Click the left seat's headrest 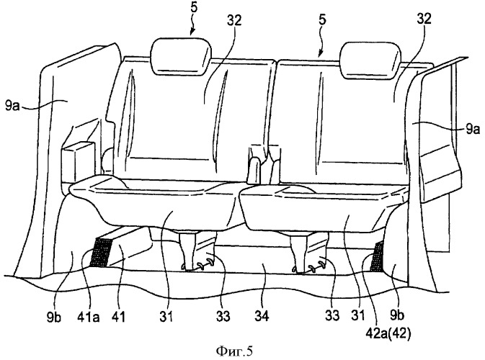[181, 57]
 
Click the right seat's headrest [370, 60]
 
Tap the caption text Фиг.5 [234, 351]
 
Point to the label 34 [262, 316]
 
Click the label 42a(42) [388, 333]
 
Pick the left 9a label [12, 107]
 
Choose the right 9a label [472, 129]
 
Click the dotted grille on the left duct [100, 253]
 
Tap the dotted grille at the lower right [377, 256]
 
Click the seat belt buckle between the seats [255, 170]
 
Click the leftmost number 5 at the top [194, 7]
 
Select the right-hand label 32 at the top [424, 19]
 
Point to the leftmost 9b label [54, 317]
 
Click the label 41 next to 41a [119, 317]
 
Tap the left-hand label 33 [223, 316]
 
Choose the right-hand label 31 [358, 315]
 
